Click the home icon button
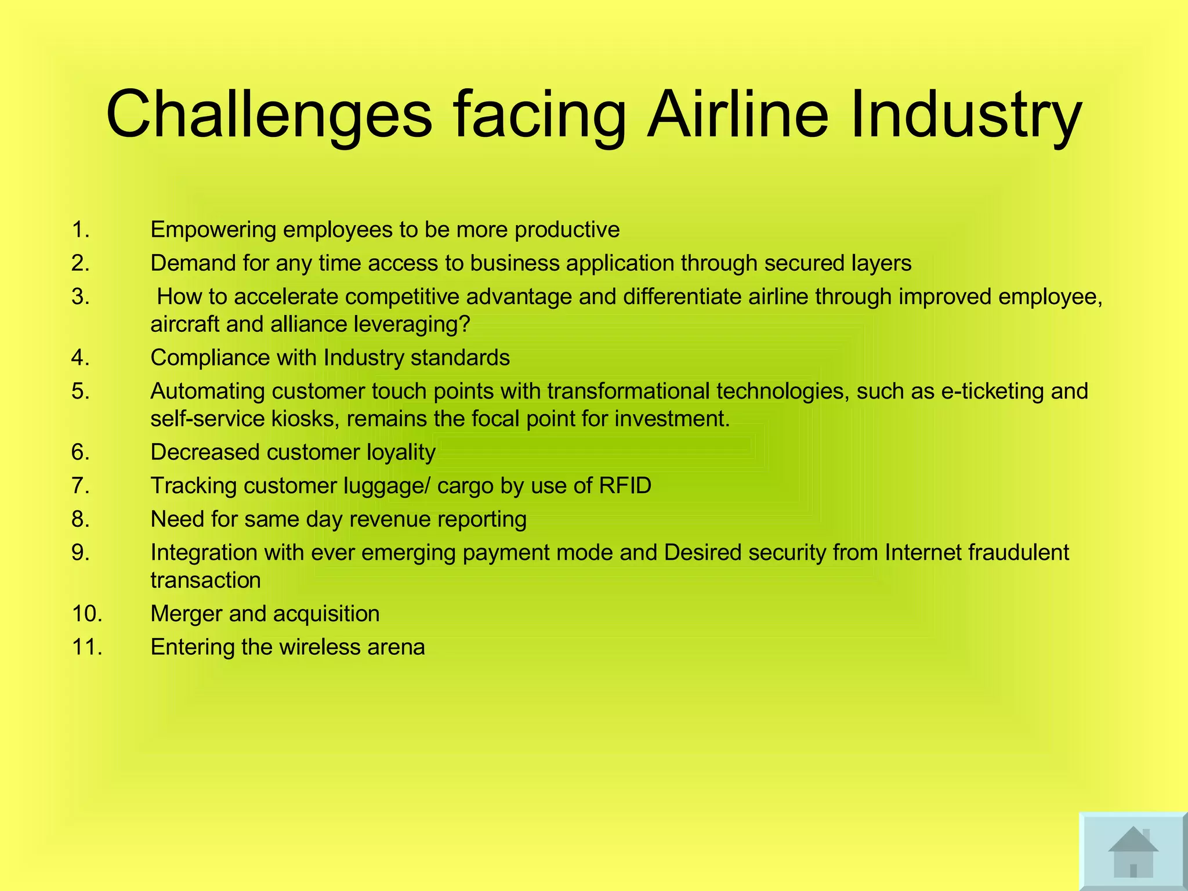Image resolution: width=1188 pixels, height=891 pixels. [x=1132, y=852]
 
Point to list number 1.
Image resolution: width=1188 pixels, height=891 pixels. [x=81, y=230]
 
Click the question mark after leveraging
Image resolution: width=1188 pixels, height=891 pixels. [x=463, y=324]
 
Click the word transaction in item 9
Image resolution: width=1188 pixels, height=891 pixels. [x=205, y=580]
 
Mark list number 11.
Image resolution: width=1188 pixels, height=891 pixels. [x=87, y=647]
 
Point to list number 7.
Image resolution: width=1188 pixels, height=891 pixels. [x=81, y=486]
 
